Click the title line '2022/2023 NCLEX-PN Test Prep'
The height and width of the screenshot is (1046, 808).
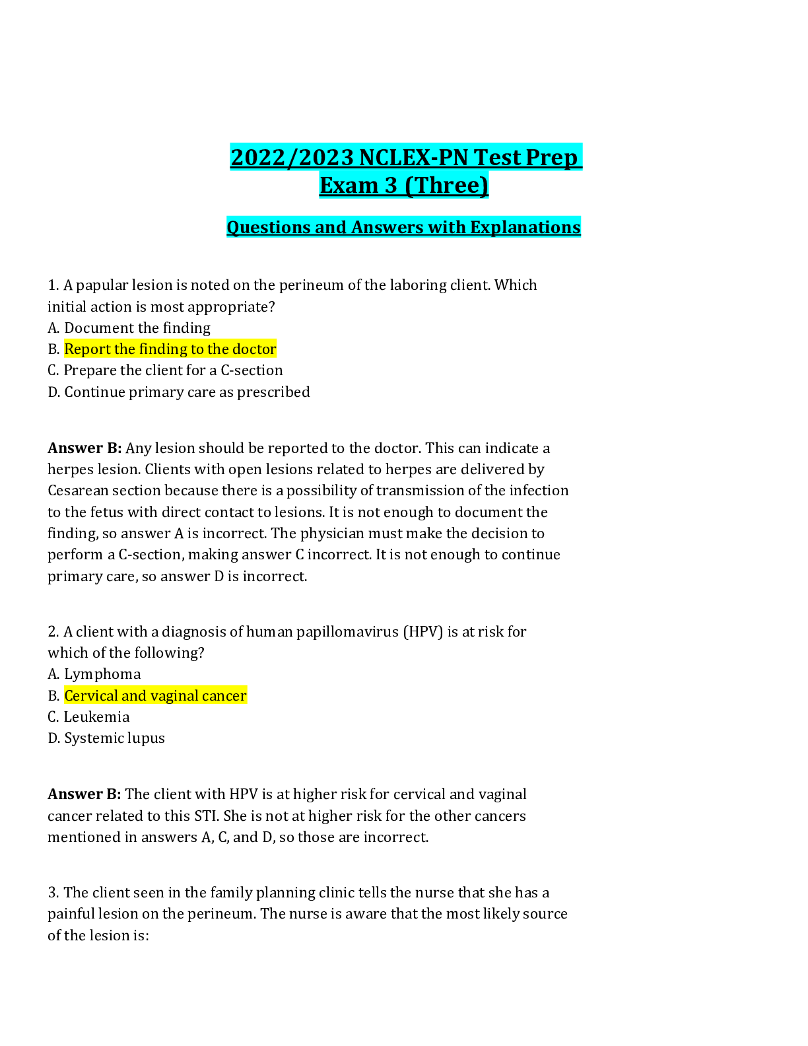[x=405, y=158]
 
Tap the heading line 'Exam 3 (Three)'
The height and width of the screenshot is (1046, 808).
[x=404, y=186]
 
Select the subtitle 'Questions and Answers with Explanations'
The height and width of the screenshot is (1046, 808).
[x=403, y=227]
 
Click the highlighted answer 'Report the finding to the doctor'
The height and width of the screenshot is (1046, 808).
[x=170, y=349]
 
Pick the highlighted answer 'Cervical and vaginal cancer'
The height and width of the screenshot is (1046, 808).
[x=155, y=696]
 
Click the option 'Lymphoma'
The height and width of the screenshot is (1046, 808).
[x=102, y=674]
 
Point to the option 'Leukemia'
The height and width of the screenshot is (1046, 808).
[x=96, y=717]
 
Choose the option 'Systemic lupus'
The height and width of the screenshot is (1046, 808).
[x=114, y=738]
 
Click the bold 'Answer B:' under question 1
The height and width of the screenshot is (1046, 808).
[x=84, y=448]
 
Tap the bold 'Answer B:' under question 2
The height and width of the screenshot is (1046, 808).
[x=84, y=794]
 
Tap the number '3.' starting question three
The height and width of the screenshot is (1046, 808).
[x=53, y=893]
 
